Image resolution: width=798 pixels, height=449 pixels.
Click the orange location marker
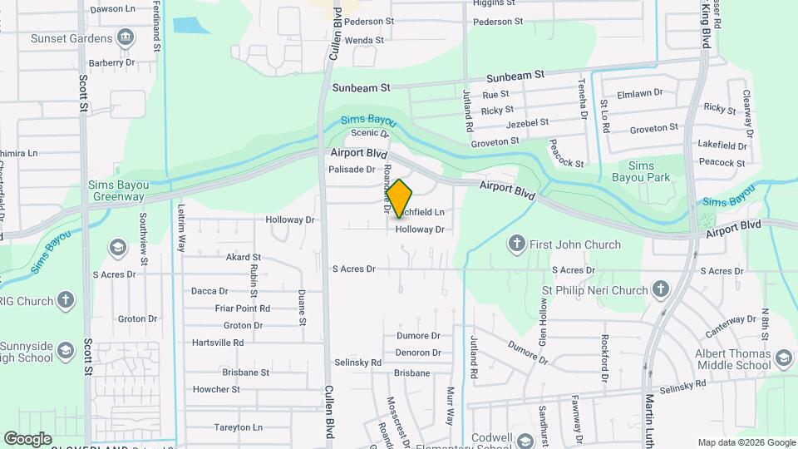tap(399, 199)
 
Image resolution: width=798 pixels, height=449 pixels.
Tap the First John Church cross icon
tap(517, 244)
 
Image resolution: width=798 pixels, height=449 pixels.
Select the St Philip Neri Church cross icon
tap(661, 289)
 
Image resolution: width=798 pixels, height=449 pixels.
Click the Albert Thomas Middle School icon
tap(782, 358)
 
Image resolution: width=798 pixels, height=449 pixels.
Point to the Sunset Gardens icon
tap(125, 37)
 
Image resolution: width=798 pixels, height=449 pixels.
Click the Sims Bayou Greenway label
tap(116, 190)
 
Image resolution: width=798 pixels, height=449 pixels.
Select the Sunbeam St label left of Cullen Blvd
tap(361, 87)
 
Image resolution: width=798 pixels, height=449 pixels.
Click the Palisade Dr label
tap(352, 169)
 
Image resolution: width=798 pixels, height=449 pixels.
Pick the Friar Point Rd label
tap(242, 308)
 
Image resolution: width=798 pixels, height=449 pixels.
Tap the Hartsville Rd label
tap(218, 342)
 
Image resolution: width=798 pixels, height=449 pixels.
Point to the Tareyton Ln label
tap(239, 427)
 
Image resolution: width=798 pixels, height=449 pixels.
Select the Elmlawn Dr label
tap(640, 93)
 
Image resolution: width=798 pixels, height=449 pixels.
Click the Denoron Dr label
tap(418, 352)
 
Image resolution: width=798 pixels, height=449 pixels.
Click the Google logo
tap(27, 438)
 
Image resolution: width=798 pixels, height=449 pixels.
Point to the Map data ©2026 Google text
tap(745, 442)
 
